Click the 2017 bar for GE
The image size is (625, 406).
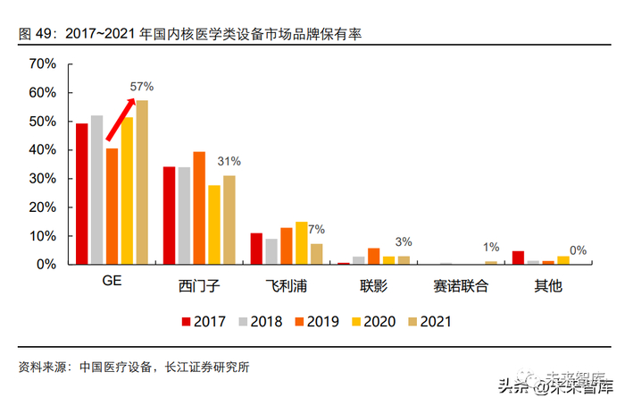(x=81, y=194)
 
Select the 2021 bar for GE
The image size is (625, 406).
(x=142, y=182)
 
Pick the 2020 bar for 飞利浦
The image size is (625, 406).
(x=301, y=243)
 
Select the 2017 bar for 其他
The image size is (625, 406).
(x=518, y=258)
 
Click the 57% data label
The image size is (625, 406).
(x=142, y=87)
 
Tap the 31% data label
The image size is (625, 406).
(x=229, y=162)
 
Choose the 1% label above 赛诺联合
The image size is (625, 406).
(x=491, y=248)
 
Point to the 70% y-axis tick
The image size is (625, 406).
(x=42, y=64)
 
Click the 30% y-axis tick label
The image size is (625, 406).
(x=42, y=179)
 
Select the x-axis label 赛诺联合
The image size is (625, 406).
(x=461, y=288)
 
